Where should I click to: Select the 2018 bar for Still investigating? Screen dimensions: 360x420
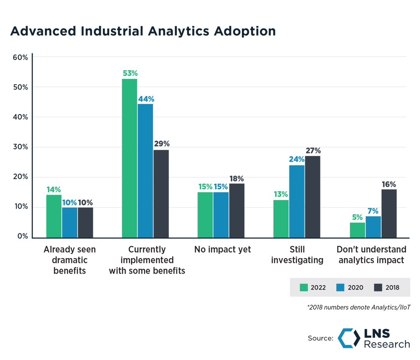[313, 196]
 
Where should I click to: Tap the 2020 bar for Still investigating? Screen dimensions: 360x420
[297, 201]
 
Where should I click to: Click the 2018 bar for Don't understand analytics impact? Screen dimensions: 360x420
[388, 213]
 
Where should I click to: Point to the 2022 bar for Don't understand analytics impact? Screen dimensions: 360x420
[357, 230]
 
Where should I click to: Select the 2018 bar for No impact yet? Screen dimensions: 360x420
[237, 210]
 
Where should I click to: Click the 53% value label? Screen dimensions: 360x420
[130, 73]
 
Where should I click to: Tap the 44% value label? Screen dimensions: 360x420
[145, 99]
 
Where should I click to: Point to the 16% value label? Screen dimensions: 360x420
[388, 184]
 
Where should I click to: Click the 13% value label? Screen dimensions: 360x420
[281, 194]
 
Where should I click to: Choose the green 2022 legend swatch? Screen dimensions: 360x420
[304, 287]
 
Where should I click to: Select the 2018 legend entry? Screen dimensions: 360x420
[386, 287]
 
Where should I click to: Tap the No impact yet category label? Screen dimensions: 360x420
[223, 250]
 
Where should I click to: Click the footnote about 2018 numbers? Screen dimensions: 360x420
[359, 308]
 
